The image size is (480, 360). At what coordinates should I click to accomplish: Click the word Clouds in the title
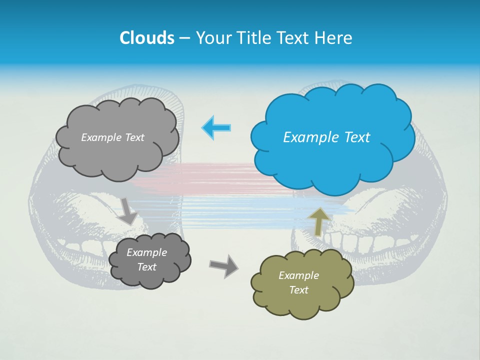point(146,38)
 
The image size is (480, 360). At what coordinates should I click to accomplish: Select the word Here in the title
point(334,38)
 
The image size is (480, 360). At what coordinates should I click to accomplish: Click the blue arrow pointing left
point(216,127)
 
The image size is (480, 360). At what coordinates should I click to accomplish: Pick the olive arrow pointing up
point(319,220)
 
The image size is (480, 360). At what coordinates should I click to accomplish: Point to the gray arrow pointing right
point(224,265)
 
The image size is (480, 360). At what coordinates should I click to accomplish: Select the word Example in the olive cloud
point(298,275)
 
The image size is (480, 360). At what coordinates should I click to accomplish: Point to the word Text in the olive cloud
point(298,290)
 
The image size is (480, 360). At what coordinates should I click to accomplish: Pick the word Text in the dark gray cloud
point(146,267)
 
